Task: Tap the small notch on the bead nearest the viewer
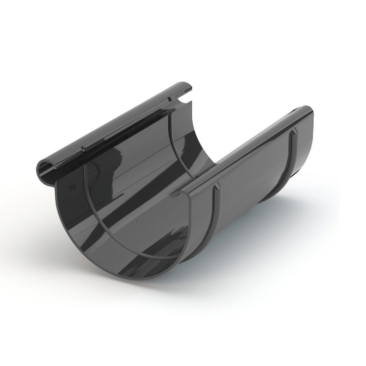click(x=83, y=148)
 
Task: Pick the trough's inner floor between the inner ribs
click(x=146, y=195)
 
